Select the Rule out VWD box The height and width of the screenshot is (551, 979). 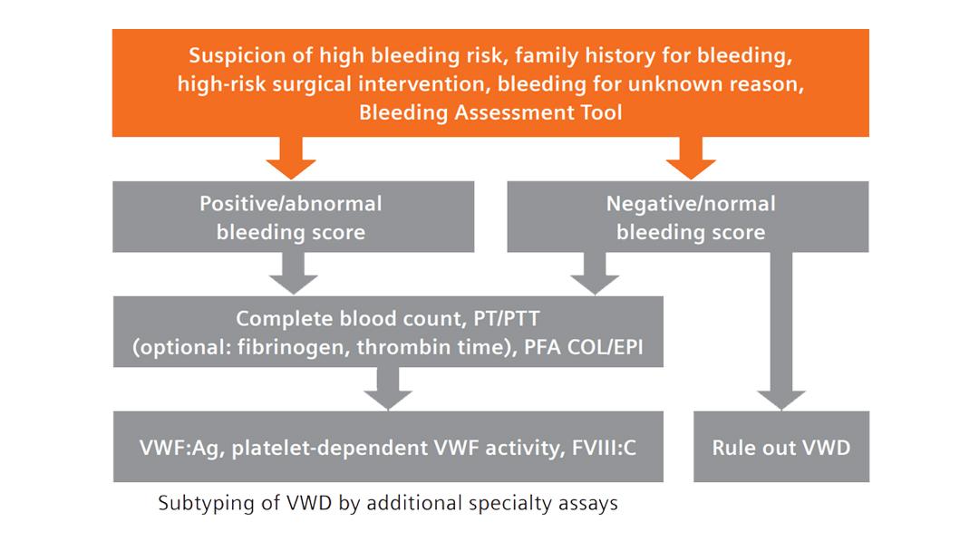click(780, 448)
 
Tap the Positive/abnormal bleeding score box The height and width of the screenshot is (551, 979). click(291, 217)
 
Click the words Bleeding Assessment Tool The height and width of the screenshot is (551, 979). click(490, 113)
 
